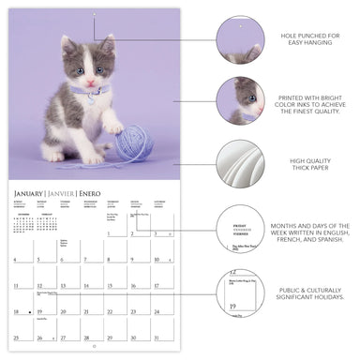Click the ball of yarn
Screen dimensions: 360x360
click(134, 144)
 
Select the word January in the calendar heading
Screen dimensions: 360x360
click(33, 193)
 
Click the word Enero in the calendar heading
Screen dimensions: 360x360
click(91, 193)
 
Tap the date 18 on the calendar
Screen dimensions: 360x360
click(16, 311)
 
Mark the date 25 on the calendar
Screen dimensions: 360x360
click(16, 335)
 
